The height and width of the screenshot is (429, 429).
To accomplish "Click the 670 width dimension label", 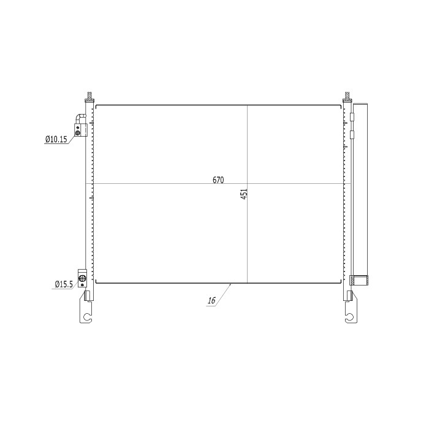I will [219, 180].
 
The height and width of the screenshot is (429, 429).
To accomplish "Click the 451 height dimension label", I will [243, 194].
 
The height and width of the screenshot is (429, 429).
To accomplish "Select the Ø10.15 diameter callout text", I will [56, 140].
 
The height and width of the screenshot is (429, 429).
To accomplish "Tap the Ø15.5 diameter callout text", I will [63, 284].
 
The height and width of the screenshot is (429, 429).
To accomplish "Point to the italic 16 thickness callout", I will [211, 300].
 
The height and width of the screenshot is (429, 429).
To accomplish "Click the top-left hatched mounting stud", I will [89, 97].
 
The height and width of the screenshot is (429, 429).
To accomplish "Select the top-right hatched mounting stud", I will [347, 97].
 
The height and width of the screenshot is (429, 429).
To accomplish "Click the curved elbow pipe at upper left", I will [79, 118].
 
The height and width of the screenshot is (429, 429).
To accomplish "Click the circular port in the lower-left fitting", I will [83, 278].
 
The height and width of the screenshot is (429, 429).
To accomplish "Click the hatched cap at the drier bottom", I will [360, 281].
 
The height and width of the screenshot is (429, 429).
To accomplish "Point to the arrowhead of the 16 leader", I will [231, 284].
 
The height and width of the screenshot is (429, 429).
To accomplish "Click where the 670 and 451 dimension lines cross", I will [247, 183].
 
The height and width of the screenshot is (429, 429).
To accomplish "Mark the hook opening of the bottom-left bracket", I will [88, 318].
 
